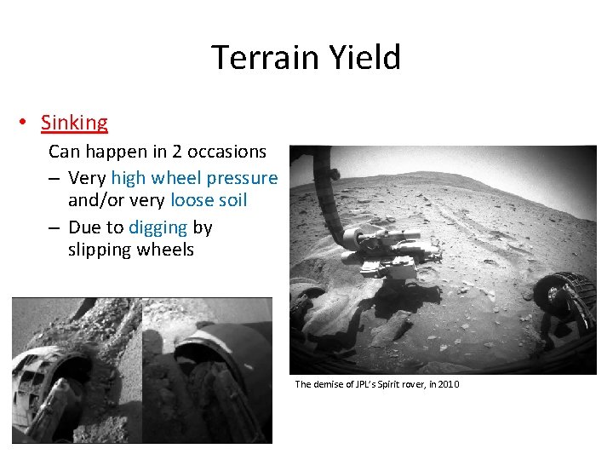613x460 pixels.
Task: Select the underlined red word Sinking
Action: pos(74,123)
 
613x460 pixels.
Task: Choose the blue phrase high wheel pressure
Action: pos(194,178)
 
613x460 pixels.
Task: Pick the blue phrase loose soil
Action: pos(209,200)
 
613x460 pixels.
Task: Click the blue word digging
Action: pos(158,227)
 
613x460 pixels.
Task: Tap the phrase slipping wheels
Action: pos(131,250)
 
